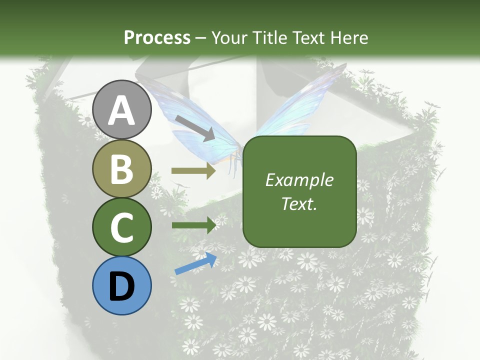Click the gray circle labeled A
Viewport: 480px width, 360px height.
(x=122, y=109)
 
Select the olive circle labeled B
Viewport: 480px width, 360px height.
(x=122, y=168)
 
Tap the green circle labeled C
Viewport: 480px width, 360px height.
(x=122, y=227)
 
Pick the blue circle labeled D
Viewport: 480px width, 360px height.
(x=122, y=285)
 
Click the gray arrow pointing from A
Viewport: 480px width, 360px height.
(x=195, y=127)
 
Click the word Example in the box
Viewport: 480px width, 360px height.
(x=299, y=180)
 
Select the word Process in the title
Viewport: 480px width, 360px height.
(x=157, y=37)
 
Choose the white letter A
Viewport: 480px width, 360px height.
(x=122, y=110)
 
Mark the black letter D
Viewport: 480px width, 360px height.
(x=122, y=286)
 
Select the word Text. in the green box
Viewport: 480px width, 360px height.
(x=299, y=204)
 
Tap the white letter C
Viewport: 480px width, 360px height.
(x=122, y=227)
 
